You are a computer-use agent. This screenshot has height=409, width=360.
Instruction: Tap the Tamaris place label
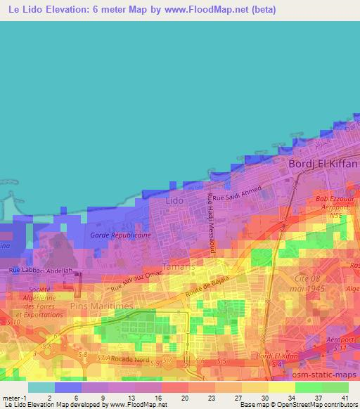(176, 266)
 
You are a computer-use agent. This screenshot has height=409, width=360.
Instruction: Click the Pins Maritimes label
(101, 306)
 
